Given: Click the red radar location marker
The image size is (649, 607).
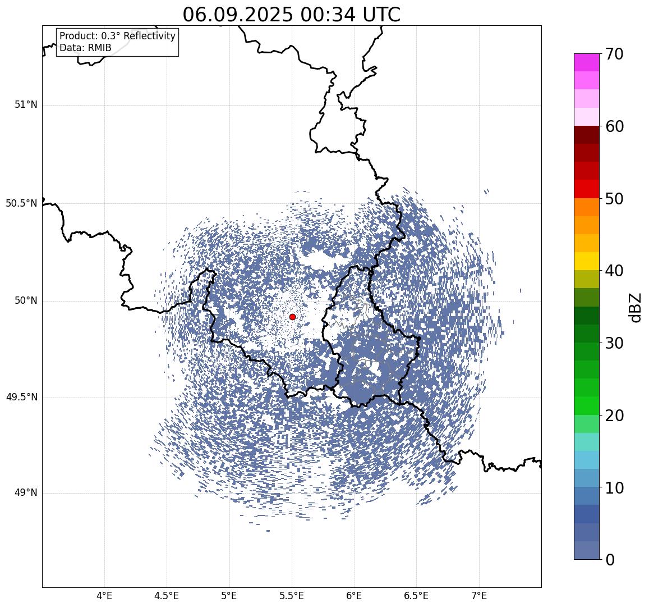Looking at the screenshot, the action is [x=292, y=317].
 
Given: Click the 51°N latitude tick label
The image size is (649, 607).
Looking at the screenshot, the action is [x=26, y=105].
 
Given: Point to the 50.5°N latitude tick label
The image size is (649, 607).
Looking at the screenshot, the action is [x=21, y=203].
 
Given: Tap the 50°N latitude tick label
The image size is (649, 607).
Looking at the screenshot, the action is [x=26, y=301].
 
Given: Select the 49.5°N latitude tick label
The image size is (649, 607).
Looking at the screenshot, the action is [x=21, y=398].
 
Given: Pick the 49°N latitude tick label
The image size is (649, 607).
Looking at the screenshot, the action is [x=26, y=493].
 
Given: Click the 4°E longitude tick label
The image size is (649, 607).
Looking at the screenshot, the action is [x=104, y=596].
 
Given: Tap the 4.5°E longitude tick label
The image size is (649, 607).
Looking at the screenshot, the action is [x=167, y=596].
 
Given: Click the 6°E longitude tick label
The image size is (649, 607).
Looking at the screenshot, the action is [x=354, y=596].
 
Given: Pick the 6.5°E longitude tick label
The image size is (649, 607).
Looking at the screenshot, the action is [x=416, y=596].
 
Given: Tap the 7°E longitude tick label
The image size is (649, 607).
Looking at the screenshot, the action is [x=479, y=596].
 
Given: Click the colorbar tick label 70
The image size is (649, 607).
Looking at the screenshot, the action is [x=614, y=54].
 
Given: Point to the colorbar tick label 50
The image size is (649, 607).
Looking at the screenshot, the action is [x=614, y=198].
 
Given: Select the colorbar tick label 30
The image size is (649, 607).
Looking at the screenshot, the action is [x=614, y=343].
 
